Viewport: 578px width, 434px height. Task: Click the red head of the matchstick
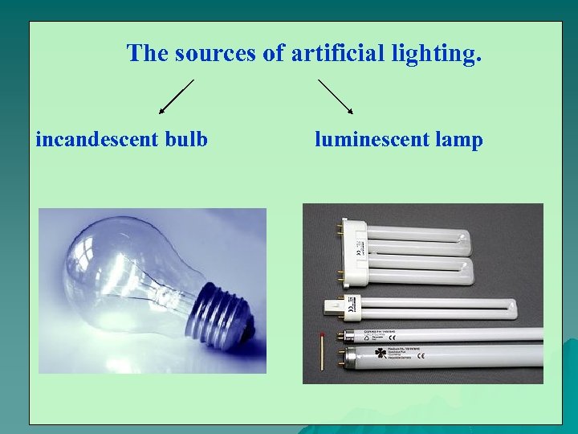322,333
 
